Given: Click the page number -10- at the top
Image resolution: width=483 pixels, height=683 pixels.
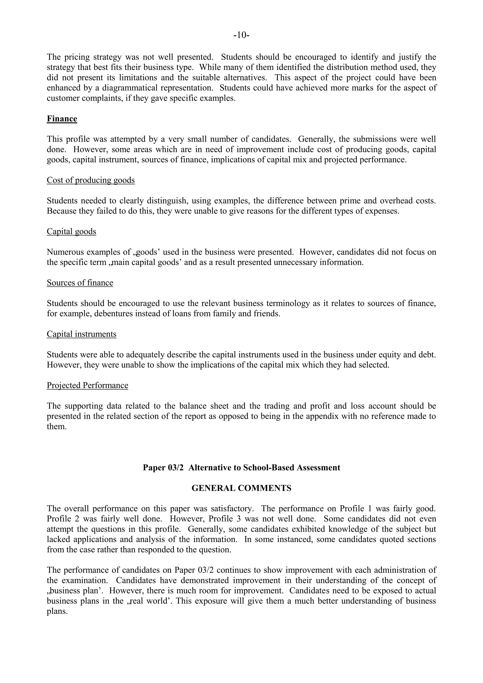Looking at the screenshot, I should tap(241, 35).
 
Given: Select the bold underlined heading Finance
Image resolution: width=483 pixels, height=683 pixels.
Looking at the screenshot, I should tap(62, 119).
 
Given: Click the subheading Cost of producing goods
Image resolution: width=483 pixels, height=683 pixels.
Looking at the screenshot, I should tap(91, 180).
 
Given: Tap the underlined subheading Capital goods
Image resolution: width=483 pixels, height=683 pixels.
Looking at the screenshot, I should tap(71, 231).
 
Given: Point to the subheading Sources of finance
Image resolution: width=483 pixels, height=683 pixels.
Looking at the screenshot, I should tap(80, 283).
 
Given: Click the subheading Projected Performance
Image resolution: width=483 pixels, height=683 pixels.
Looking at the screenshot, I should tap(87, 386).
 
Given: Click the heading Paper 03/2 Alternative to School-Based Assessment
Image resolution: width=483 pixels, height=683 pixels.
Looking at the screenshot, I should tap(241, 468).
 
